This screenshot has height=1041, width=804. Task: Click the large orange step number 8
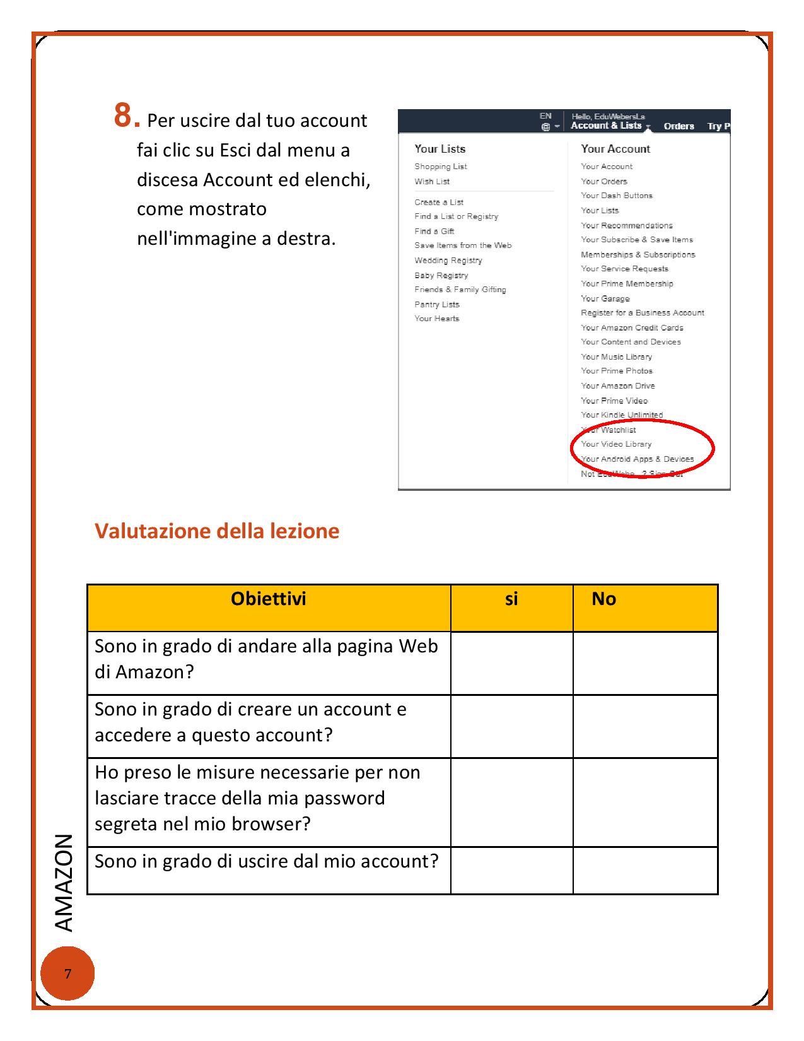pyautogui.click(x=125, y=117)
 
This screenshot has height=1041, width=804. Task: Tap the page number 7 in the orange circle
pyautogui.click(x=68, y=973)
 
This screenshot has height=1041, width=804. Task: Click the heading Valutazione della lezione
pyautogui.click(x=217, y=531)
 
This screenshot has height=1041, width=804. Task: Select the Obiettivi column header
pyautogui.click(x=269, y=599)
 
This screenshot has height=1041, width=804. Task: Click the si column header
pyautogui.click(x=511, y=599)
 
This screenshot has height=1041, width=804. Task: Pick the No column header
pyautogui.click(x=603, y=599)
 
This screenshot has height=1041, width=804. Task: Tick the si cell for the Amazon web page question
pyautogui.click(x=511, y=663)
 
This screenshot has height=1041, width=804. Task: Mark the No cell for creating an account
pyautogui.click(x=645, y=726)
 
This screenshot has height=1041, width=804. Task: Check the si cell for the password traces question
pyautogui.click(x=511, y=802)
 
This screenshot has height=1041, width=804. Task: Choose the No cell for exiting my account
pyautogui.click(x=645, y=870)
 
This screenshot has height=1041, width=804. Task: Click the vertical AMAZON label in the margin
pyautogui.click(x=64, y=883)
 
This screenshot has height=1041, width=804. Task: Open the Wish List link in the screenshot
pyautogui.click(x=432, y=182)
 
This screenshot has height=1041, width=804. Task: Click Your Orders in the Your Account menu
pyautogui.click(x=604, y=182)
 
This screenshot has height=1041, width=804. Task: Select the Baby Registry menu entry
pyautogui.click(x=441, y=276)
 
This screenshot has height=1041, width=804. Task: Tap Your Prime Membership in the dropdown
pyautogui.click(x=627, y=284)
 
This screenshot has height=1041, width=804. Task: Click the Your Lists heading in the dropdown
pyautogui.click(x=440, y=149)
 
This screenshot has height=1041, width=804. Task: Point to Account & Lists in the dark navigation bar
pyautogui.click(x=606, y=126)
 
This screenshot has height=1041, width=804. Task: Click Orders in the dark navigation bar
pyautogui.click(x=679, y=126)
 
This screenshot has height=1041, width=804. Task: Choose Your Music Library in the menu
pyautogui.click(x=616, y=357)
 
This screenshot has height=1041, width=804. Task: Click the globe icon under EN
pyautogui.click(x=545, y=127)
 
